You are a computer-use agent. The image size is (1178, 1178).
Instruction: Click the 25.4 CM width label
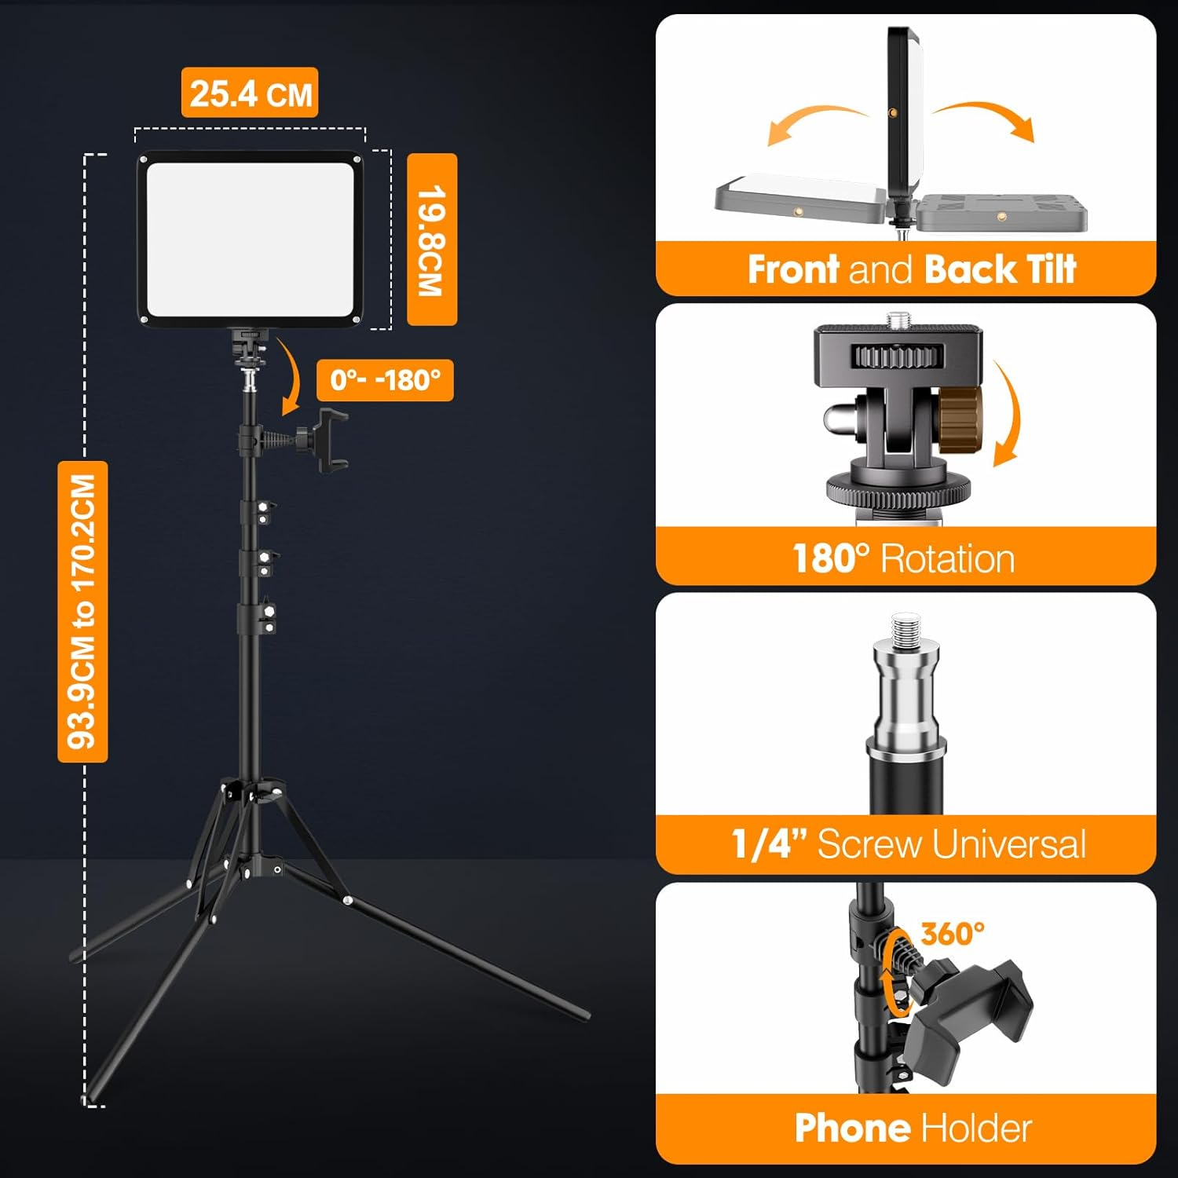pyautogui.click(x=250, y=93)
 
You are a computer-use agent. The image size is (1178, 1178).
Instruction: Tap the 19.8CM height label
pyautogui.click(x=432, y=240)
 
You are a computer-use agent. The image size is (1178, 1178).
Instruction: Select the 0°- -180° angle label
pyautogui.click(x=385, y=380)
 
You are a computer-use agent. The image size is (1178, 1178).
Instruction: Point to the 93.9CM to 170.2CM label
pyautogui.click(x=82, y=611)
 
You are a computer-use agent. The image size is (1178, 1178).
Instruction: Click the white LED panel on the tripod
pyautogui.click(x=250, y=239)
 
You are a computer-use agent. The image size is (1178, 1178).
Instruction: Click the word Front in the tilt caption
pyautogui.click(x=793, y=269)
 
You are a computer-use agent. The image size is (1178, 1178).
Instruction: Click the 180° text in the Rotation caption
pyautogui.click(x=831, y=559)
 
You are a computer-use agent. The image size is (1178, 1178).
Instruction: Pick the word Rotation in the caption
pyautogui.click(x=948, y=559)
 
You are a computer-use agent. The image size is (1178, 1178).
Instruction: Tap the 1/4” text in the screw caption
pyautogui.click(x=769, y=844)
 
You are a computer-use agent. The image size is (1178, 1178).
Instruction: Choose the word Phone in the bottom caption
pyautogui.click(x=851, y=1129)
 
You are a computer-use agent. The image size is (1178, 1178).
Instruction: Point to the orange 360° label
pyautogui.click(x=953, y=934)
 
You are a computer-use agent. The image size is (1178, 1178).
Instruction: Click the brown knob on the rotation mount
pyautogui.click(x=960, y=419)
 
